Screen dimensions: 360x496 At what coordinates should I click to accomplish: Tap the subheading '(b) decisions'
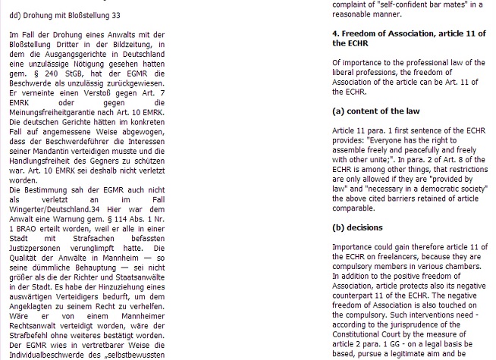[x=357, y=227]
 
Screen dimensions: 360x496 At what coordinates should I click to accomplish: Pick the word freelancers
[x=380, y=258]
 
